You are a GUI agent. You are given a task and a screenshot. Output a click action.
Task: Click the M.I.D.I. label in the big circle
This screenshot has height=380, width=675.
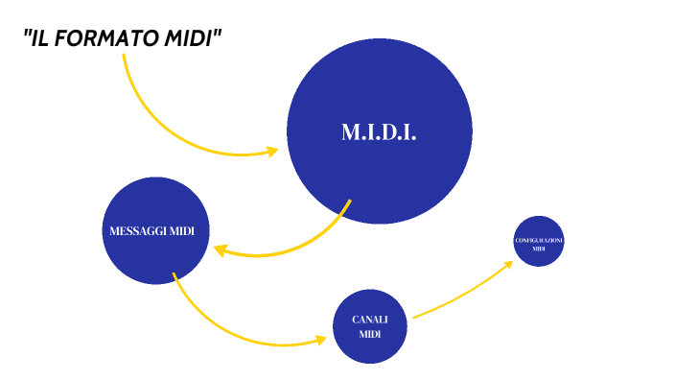point(379,132)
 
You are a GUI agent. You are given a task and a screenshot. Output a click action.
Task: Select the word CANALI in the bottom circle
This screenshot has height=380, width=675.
point(370,320)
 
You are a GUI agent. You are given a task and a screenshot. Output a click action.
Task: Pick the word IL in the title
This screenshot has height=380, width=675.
point(40,39)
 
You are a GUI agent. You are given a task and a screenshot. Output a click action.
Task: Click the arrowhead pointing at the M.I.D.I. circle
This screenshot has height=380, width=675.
point(271,152)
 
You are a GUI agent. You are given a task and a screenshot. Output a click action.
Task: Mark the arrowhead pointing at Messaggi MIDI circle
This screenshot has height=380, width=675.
point(221,250)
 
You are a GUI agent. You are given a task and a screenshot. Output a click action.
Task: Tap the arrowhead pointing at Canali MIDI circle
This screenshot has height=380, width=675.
point(320,340)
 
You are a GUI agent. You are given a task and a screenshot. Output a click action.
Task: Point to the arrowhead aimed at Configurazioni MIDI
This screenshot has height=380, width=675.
point(509,262)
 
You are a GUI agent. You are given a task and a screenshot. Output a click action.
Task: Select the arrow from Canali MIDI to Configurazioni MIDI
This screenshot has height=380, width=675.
point(460,292)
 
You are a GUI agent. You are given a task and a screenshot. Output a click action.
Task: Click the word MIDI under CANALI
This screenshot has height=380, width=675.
point(370,334)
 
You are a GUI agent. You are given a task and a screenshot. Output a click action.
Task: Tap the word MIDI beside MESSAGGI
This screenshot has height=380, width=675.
point(182,231)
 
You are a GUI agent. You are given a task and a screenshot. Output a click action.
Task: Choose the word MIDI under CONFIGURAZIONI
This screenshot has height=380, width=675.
point(539,249)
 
